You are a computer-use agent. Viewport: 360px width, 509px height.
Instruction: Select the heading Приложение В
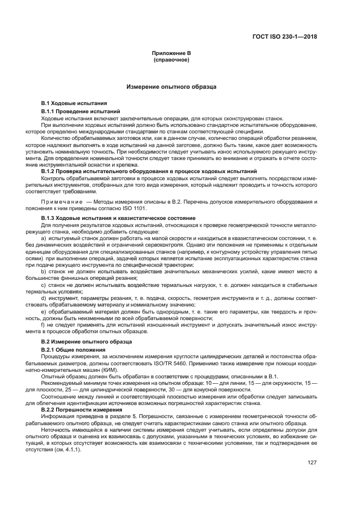172,53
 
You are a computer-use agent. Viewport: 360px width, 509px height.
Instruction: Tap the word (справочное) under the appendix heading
172,59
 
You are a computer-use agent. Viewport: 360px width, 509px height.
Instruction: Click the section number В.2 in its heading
46,341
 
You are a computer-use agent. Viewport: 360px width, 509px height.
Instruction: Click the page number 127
312,464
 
